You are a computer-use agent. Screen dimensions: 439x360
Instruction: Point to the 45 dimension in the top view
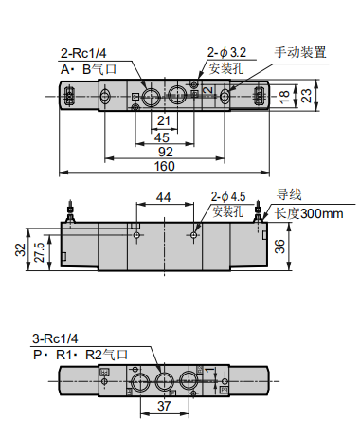tap(163, 137)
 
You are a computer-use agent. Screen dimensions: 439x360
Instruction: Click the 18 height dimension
tap(283, 95)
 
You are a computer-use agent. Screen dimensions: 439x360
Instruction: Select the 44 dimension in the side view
tap(163, 197)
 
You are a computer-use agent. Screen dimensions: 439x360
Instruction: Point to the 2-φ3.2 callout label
tap(226, 52)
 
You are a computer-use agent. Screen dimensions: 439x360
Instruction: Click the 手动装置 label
tap(300, 52)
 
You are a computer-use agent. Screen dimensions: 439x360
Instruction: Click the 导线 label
tap(288, 195)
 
